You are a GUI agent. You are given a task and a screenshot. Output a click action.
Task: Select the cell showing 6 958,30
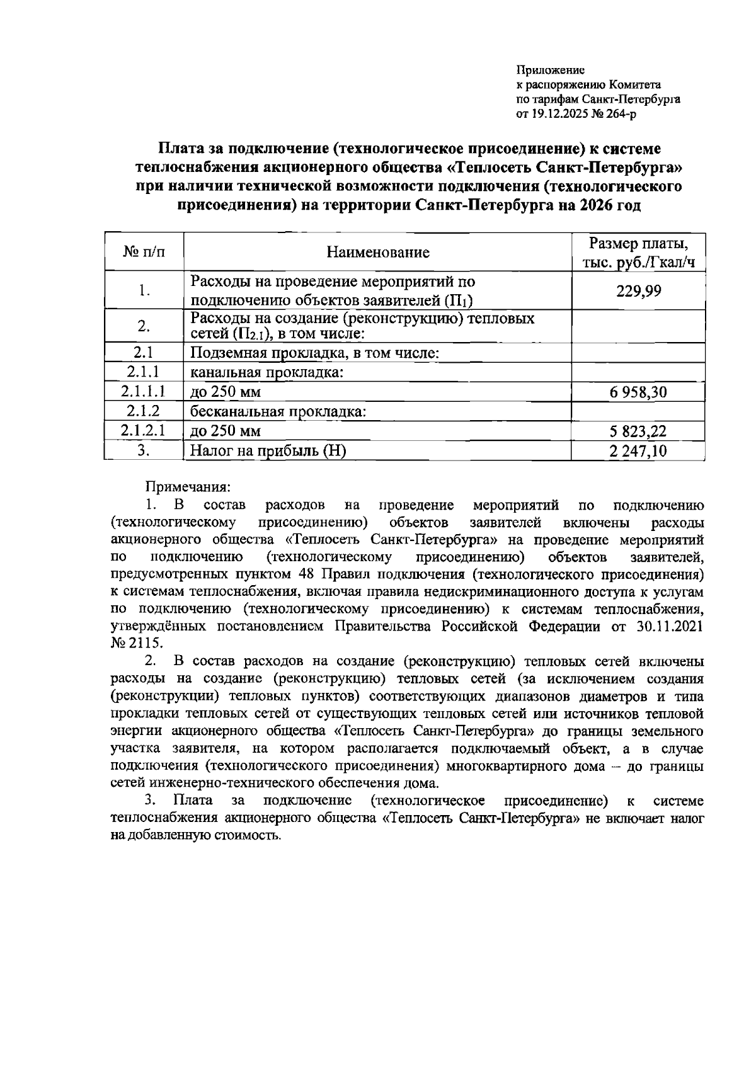(x=638, y=393)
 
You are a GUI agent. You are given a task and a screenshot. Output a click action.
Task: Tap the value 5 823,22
(x=638, y=431)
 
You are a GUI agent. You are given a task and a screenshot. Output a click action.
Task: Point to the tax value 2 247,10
(x=638, y=451)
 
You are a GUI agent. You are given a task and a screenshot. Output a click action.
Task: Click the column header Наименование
(x=377, y=253)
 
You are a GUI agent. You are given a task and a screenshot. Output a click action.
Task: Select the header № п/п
(x=144, y=253)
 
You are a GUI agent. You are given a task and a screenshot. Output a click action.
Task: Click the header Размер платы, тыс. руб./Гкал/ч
(x=638, y=253)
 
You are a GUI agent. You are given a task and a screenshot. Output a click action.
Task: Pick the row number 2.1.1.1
(x=144, y=392)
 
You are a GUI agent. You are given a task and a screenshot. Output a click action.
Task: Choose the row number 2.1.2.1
(x=144, y=431)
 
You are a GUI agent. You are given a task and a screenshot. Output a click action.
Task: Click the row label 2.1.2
(x=144, y=411)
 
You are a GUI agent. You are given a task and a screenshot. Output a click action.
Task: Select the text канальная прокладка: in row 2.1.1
(x=266, y=373)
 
